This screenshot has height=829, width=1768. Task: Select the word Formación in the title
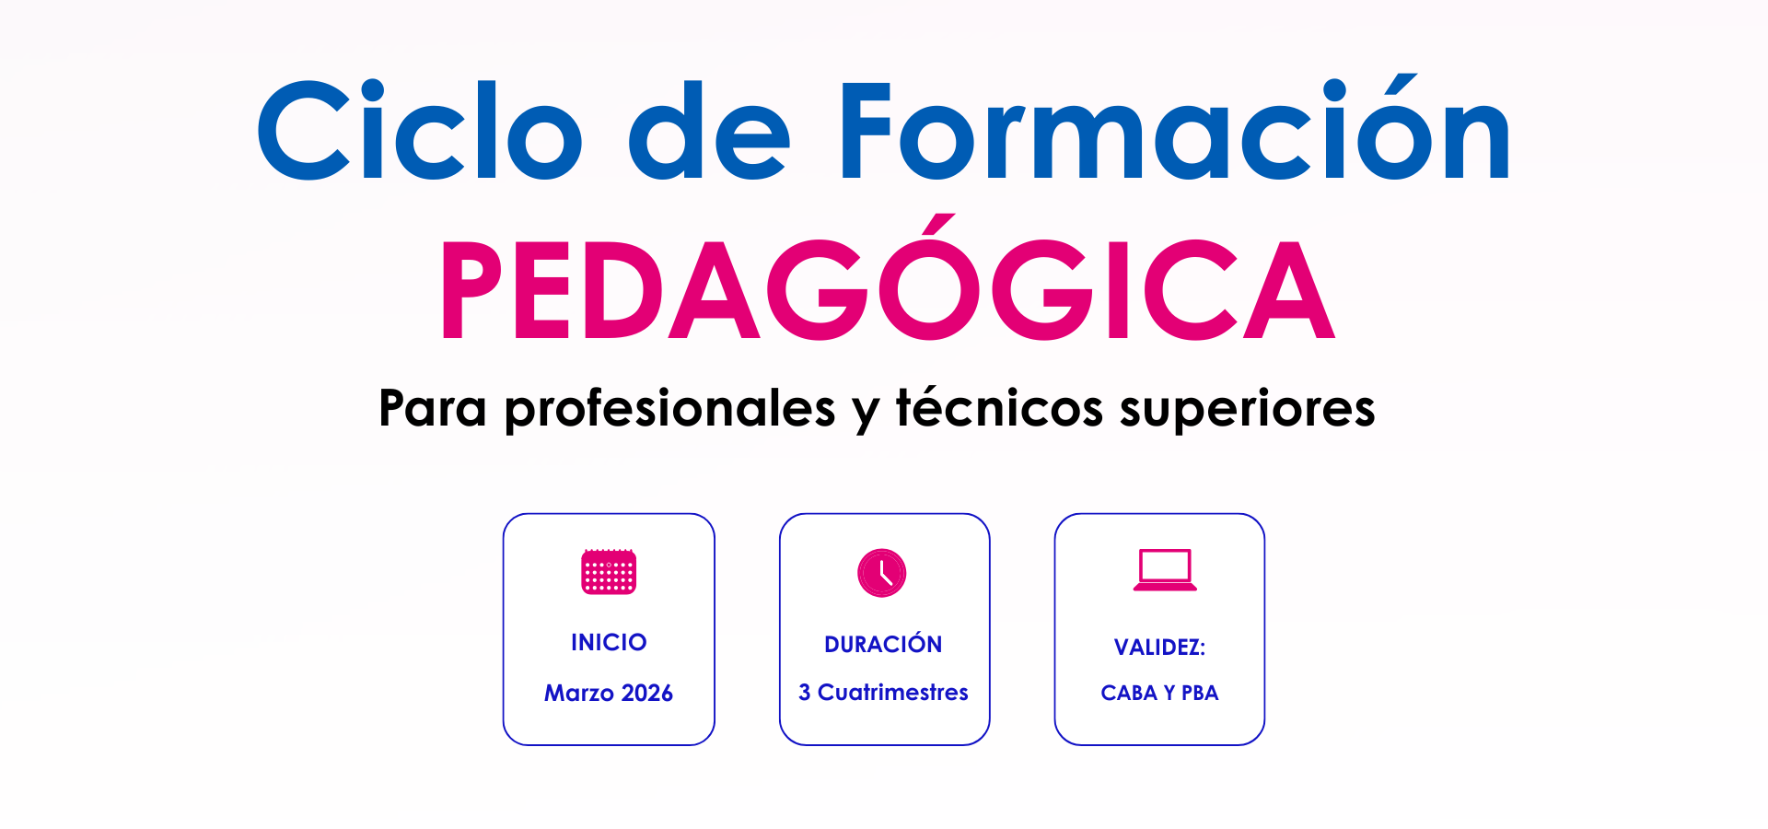point(1175,126)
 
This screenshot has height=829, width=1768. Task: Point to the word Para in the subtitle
point(433,408)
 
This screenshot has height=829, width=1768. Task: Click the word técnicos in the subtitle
point(999,407)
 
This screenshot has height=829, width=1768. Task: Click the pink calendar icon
point(609,572)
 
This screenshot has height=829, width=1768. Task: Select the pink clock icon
point(882,573)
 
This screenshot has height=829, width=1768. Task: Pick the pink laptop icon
point(1165,570)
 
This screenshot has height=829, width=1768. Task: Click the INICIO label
point(609,642)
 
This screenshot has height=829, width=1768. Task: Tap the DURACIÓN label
point(883,643)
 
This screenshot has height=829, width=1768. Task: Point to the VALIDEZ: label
point(1159,647)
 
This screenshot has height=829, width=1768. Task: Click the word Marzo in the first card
point(579,693)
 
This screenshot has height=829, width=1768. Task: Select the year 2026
point(647,693)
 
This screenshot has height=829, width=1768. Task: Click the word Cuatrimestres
point(893,692)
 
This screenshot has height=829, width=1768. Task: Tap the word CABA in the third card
point(1129,693)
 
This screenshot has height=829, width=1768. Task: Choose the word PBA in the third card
point(1200,693)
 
